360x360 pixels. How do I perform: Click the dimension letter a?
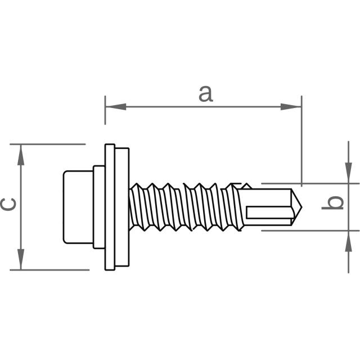coord(206,93)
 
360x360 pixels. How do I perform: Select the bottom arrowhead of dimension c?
coord(21,259)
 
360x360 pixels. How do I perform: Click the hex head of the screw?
coord(78,206)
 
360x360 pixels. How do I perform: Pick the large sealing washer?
coord(116,206)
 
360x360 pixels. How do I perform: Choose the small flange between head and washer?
coord(99,206)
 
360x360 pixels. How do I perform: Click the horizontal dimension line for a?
coord(202,106)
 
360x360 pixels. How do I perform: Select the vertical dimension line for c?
coord(21,206)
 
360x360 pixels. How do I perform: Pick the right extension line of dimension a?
coord(301,141)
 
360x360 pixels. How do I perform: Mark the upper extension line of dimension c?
coord(51,144)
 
